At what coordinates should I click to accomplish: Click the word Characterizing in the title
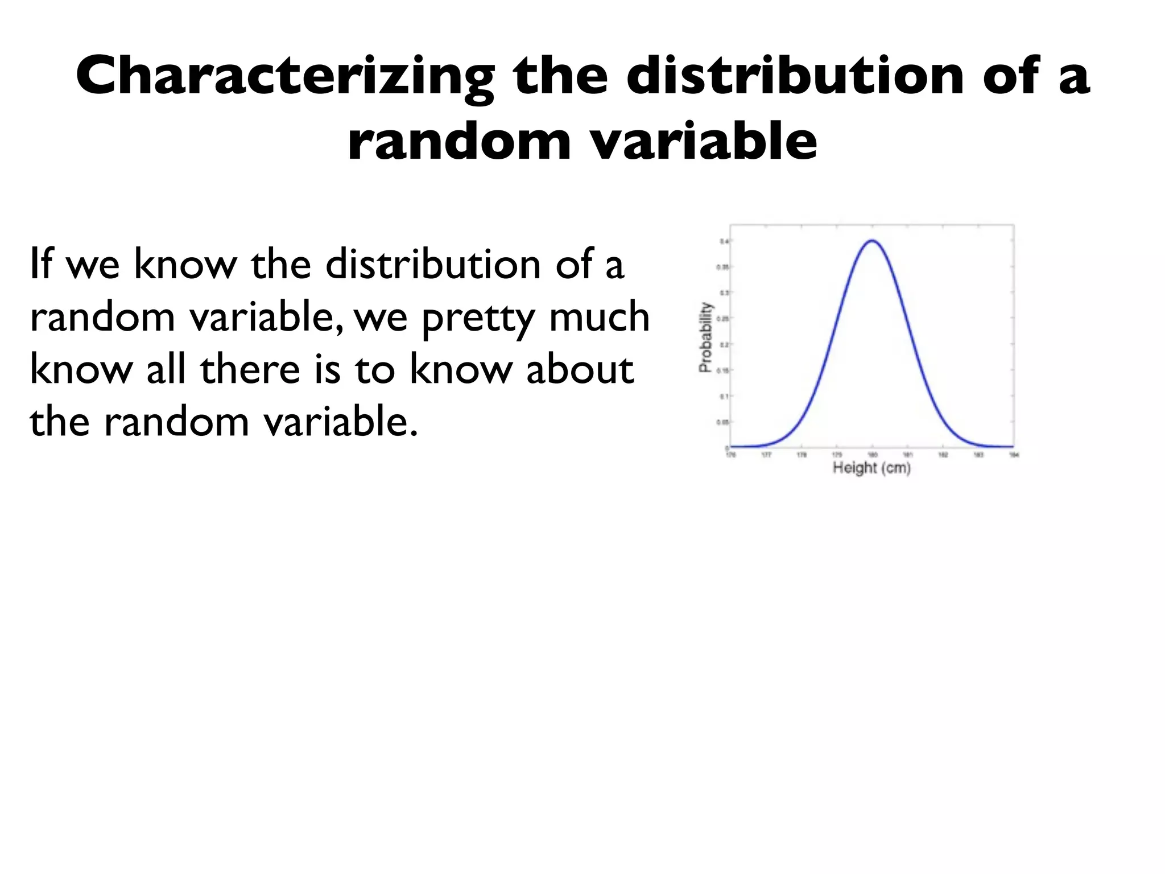click(x=284, y=77)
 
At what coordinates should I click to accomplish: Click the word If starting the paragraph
click(x=42, y=264)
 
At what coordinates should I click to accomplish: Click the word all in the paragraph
click(x=166, y=369)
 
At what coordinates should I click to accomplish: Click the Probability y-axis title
click(x=705, y=337)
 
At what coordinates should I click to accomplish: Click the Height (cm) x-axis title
click(x=871, y=468)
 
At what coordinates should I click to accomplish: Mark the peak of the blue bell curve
click(x=872, y=241)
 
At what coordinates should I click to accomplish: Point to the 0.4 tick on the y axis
click(x=723, y=241)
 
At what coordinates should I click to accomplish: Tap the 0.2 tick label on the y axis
click(x=723, y=344)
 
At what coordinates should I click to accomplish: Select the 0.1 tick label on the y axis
click(x=723, y=396)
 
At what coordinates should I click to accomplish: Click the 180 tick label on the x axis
click(x=872, y=455)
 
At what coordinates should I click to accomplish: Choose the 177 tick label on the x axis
click(x=766, y=455)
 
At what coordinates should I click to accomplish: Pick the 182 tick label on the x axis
click(x=943, y=455)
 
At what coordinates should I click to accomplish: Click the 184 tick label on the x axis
click(x=1013, y=455)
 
